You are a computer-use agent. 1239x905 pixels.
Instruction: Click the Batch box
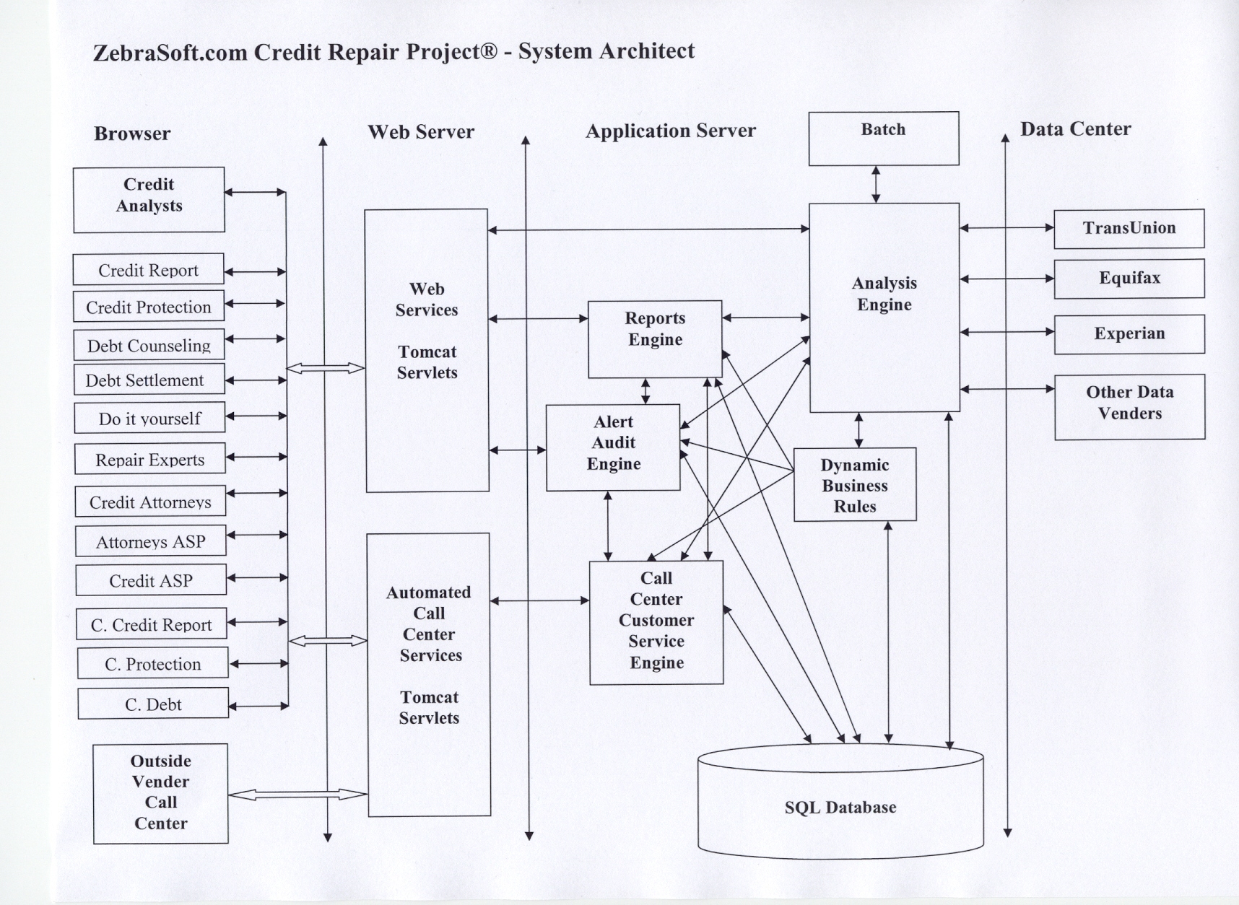tap(883, 138)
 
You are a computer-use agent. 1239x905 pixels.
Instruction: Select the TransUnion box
tap(1129, 228)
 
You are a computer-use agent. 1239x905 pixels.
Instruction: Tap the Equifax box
tap(1129, 278)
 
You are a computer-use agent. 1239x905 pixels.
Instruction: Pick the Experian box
tap(1129, 333)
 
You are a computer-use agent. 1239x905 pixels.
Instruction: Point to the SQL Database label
tap(840, 808)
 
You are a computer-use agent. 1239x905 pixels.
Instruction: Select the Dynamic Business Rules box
tap(855, 485)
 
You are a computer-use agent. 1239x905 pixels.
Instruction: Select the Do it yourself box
tap(149, 418)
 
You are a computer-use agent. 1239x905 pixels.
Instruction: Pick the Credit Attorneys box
tap(150, 502)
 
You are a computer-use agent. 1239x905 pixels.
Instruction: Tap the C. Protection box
tap(153, 663)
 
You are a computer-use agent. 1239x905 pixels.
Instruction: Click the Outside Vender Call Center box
tap(160, 793)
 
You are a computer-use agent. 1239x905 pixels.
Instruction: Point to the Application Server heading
tap(670, 131)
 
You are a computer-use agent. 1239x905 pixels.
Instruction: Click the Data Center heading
tap(1075, 129)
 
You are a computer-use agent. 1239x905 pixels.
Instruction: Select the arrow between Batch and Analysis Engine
tap(876, 184)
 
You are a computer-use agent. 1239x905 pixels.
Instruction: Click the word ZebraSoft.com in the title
tap(170, 53)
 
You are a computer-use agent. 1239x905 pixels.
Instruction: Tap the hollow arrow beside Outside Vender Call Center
tap(297, 795)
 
